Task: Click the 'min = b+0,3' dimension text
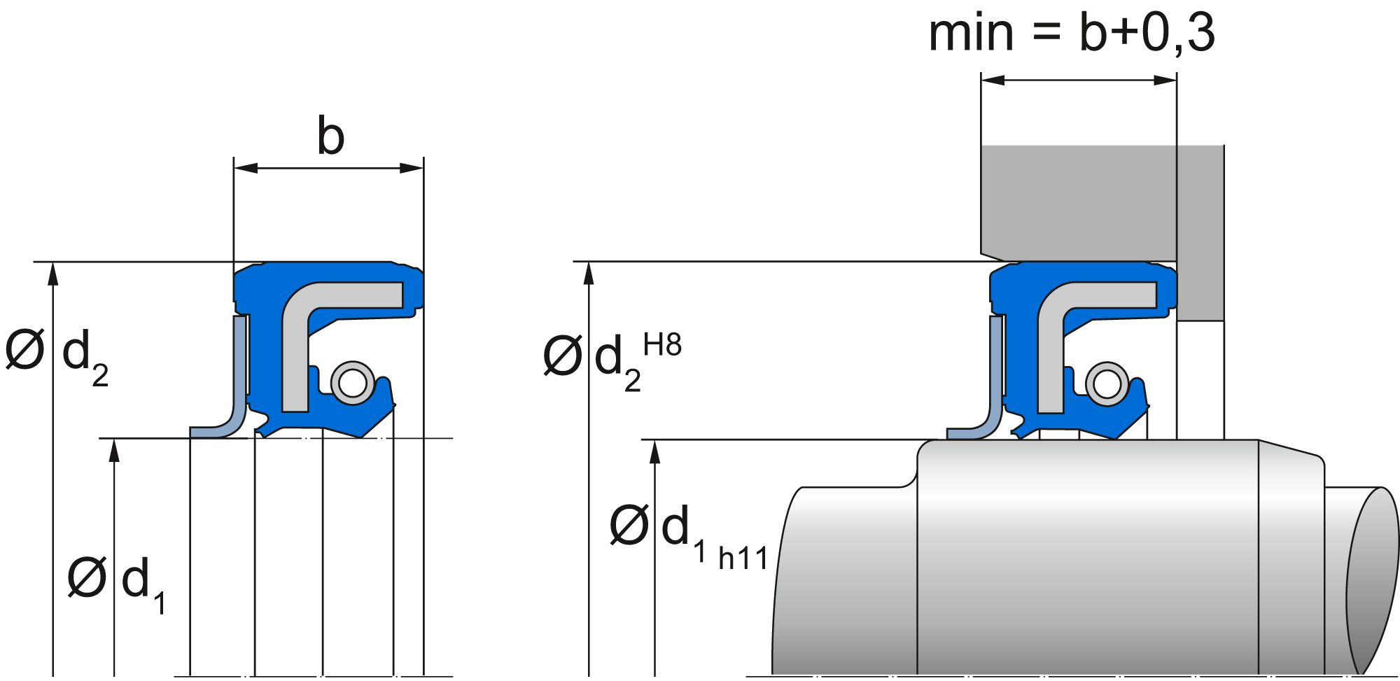click(1071, 33)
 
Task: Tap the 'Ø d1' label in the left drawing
click(116, 581)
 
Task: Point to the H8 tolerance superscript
click(662, 345)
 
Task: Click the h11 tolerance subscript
click(743, 559)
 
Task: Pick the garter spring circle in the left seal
click(352, 382)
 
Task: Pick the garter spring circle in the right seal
click(1107, 382)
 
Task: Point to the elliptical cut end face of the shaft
click(1372, 581)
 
